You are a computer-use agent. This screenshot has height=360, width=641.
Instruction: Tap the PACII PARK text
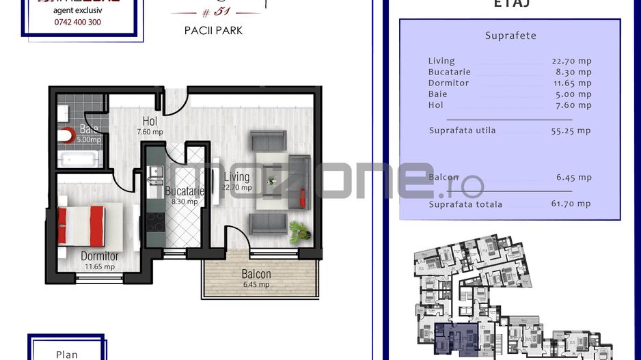pos(213,30)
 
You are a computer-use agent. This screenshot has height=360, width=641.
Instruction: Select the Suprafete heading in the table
pos(510,36)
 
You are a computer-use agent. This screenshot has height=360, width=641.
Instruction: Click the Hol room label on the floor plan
pos(150,122)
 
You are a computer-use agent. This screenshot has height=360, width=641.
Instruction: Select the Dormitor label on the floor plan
pos(99,256)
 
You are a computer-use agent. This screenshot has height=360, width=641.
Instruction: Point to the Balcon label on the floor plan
pos(256,275)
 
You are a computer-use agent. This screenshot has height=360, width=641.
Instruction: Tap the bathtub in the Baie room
pos(81,160)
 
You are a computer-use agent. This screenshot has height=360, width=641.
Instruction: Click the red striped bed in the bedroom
pos(81,225)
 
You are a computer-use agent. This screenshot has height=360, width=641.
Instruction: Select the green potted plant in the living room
pos(299,232)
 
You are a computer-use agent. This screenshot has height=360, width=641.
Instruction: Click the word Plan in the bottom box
pos(66,354)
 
